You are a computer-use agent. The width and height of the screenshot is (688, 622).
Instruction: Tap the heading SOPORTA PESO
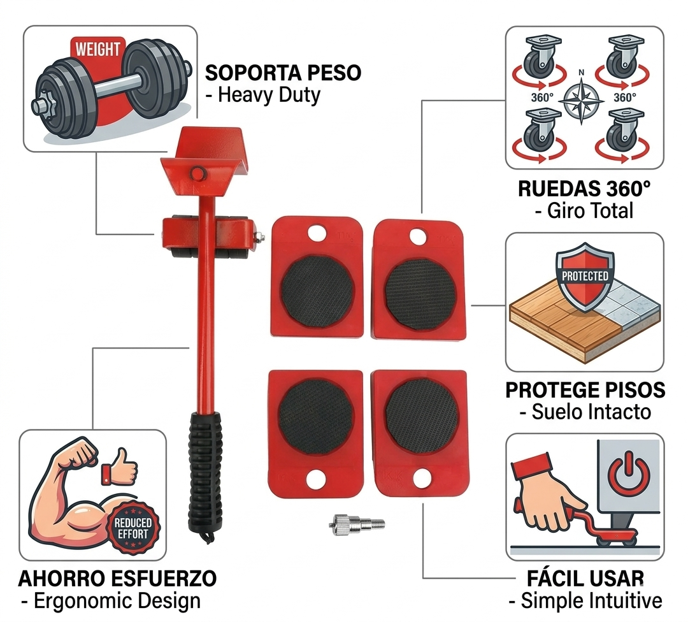tap(283, 73)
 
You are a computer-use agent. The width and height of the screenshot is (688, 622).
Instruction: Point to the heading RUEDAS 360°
tap(584, 189)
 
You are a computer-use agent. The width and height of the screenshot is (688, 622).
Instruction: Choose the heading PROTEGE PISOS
tap(585, 390)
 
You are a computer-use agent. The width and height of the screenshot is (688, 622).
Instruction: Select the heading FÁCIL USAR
tap(585, 579)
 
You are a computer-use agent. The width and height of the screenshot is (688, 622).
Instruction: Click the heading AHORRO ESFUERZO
tap(117, 579)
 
